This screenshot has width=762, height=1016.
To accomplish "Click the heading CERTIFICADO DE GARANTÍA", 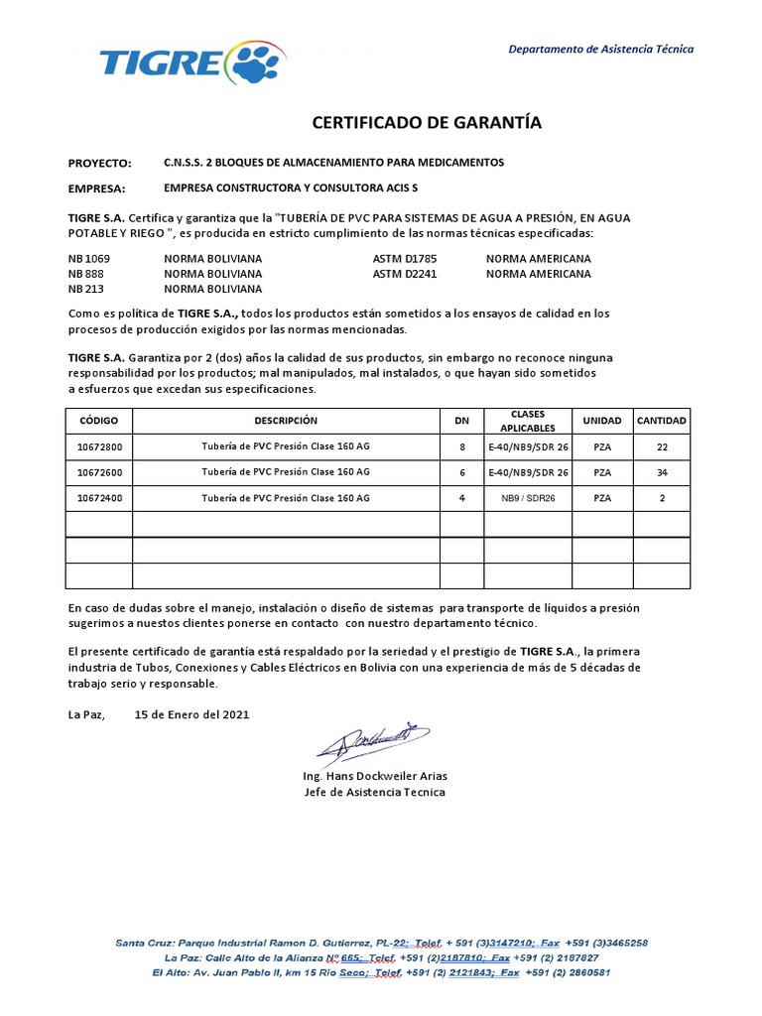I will (x=428, y=123).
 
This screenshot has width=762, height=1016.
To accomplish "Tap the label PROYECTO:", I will (x=99, y=163).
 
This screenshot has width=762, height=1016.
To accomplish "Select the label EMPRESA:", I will (x=96, y=189).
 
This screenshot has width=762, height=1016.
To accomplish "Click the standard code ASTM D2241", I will (x=405, y=273).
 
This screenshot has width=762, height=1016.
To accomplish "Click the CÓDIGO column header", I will (x=98, y=421).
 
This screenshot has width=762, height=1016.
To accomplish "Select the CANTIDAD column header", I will (x=662, y=421).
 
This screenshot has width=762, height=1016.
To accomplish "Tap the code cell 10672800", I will (x=99, y=446).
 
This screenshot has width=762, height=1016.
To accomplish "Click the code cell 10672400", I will (x=99, y=498).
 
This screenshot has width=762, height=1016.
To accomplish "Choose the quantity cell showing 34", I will (x=662, y=472).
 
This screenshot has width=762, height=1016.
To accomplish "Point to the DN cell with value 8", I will (x=460, y=446).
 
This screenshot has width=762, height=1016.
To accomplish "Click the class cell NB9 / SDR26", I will (x=527, y=498).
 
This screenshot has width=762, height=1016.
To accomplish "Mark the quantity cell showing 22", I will (x=662, y=446).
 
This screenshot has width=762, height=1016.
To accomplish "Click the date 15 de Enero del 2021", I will (x=191, y=713).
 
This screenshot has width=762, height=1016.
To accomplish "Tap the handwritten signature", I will (x=373, y=740).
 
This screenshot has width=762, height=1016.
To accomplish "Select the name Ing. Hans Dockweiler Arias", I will (x=374, y=776).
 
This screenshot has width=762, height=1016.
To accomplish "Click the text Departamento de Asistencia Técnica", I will (x=601, y=49).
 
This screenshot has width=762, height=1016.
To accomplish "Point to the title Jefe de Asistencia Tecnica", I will (x=374, y=792).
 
